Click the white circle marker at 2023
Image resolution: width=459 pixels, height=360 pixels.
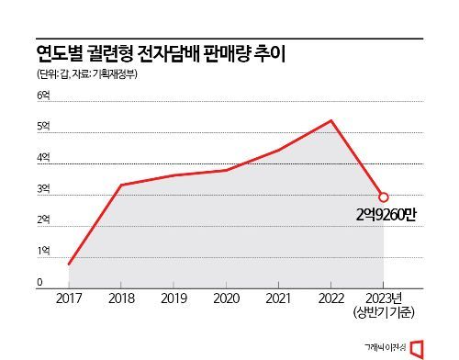click(x=384, y=197)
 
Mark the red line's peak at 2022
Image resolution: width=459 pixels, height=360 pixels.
click(x=331, y=120)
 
